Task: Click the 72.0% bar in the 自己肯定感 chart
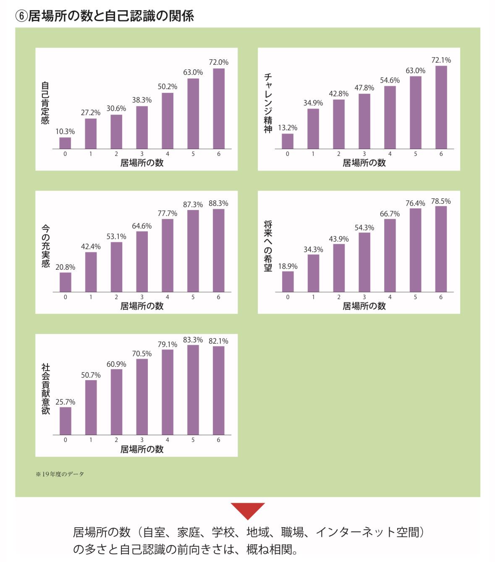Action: pos(219,108)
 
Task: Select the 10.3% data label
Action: pos(65,131)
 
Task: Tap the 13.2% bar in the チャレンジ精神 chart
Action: pos(288,141)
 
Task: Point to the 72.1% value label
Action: pos(441,60)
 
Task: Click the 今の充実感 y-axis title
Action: pos(45,246)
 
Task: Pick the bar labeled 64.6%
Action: pos(142,261)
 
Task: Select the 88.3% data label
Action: pos(218,203)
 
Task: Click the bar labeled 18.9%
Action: pos(288,281)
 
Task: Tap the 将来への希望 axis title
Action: pos(268,246)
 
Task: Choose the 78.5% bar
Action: pos(441,249)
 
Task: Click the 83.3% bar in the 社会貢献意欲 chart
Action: pos(193,389)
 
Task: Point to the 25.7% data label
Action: pos(65,402)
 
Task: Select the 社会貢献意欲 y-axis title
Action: pos(45,389)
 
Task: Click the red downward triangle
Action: pos(248,510)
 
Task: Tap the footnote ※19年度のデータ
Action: pos(60,474)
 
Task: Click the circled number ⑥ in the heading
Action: pos(21,16)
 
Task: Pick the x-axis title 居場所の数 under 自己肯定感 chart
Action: pos(142,163)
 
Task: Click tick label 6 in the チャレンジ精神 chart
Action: pos(441,154)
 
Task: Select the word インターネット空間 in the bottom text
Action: pos(370,532)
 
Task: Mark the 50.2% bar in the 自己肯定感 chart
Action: pos(168,121)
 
